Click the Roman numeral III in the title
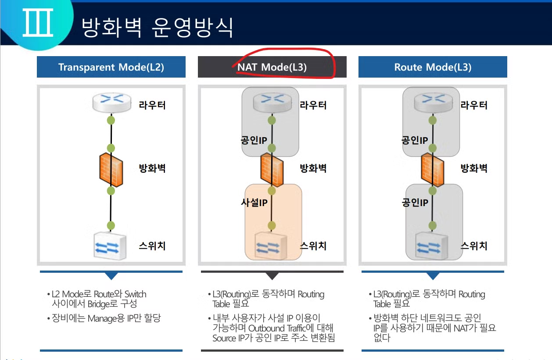[x=38, y=25]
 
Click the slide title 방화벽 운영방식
[x=158, y=28]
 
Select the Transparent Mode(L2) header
[x=111, y=67]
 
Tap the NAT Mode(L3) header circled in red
[x=272, y=67]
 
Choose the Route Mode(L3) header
[x=433, y=67]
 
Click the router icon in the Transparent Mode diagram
[x=111, y=102]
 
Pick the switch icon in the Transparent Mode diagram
[x=111, y=246]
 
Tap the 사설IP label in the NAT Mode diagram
[x=254, y=203]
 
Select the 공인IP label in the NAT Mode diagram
[x=254, y=140]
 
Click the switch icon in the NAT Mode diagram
[x=271, y=246]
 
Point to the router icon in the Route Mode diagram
[x=432, y=102]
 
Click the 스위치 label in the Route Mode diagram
[x=474, y=246]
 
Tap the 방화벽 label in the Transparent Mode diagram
[x=152, y=168]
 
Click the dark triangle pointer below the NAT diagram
[x=272, y=276]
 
